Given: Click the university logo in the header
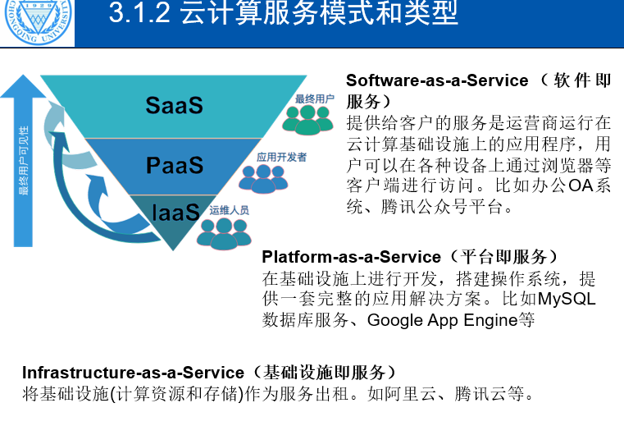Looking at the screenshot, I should [x=37, y=22].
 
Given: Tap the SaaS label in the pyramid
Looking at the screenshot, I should [x=174, y=105].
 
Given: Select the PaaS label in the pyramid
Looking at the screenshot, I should [x=174, y=165].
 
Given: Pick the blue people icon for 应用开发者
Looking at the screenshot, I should [x=265, y=177].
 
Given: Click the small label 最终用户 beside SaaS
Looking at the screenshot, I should [x=314, y=98].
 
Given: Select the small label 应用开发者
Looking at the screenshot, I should [x=281, y=156].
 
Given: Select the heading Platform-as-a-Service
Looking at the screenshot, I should [x=338, y=257].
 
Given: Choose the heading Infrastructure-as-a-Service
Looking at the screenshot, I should [x=133, y=373].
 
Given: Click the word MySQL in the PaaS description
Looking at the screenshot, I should [x=567, y=299].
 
